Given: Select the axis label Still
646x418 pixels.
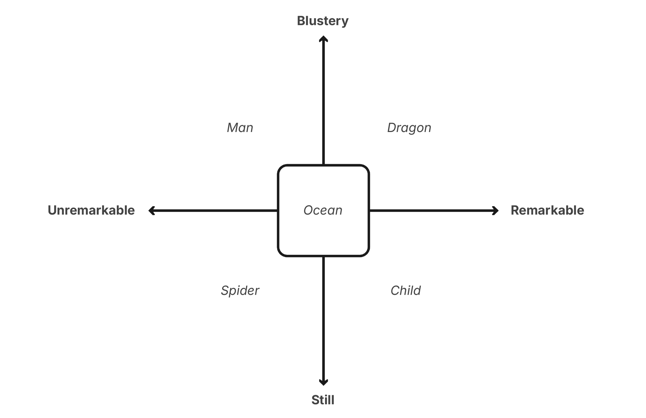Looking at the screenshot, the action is point(323,400).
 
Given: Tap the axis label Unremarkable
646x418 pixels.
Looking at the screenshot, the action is point(91,210).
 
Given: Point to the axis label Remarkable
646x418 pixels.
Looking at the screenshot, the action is point(547,210).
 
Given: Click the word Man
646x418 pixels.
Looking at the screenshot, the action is point(240,128).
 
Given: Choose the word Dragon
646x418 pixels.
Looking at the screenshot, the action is point(409,128).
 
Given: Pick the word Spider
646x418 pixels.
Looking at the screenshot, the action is point(240,290).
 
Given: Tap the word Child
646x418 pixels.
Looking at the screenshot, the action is point(405,290).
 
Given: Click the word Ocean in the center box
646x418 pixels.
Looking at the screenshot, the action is point(323,210).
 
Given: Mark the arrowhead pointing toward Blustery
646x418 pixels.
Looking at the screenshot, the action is point(323,39).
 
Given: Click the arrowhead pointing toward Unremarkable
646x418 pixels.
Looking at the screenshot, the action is point(151,211).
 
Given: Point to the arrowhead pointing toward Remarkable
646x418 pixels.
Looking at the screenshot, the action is point(496,211).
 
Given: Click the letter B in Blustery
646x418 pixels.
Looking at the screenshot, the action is point(301,21).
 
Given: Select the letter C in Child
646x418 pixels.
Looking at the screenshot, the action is point(395,290).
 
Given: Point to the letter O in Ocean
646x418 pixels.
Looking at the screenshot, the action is point(308,210).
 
